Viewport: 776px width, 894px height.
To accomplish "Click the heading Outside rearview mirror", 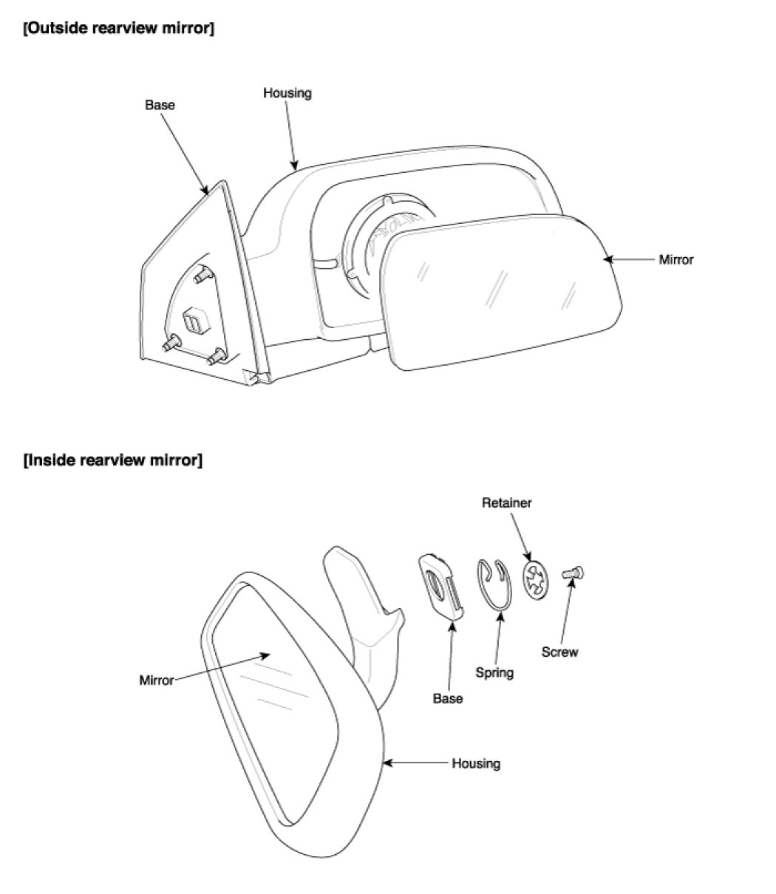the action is (118, 30).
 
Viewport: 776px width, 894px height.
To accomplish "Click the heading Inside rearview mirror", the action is (112, 460).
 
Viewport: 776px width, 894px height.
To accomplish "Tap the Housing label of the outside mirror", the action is (287, 93).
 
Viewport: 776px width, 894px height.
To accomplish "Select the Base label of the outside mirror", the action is (160, 105).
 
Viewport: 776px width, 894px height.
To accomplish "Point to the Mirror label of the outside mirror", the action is (676, 260).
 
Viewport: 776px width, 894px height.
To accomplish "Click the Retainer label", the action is (507, 503).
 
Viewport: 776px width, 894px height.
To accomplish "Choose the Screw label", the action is (559, 652).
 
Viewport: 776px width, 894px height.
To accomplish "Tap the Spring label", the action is (494, 673).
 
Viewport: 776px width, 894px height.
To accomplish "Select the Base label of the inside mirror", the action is (448, 698).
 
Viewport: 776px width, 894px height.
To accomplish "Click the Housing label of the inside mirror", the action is (476, 763).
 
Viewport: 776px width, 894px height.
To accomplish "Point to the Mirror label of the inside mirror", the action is (156, 680).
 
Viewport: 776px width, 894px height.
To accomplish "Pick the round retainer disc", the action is (536, 579).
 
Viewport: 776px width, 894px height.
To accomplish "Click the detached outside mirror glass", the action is (503, 292).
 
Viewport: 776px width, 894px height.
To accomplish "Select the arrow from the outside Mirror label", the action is (629, 260).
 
